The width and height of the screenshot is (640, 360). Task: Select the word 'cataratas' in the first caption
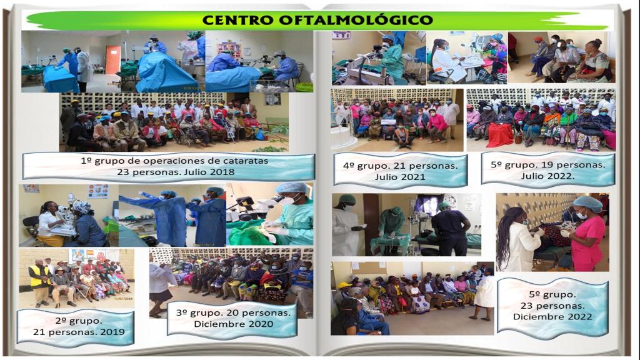click(x=246, y=161)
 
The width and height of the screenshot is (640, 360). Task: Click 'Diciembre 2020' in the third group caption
click(x=234, y=324)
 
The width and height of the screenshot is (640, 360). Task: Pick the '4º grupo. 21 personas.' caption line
click(x=401, y=166)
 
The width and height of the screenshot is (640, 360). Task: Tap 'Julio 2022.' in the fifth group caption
click(x=547, y=176)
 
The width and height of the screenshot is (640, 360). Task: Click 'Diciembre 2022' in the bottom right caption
click(x=552, y=317)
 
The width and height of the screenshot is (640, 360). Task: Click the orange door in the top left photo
click(x=112, y=59)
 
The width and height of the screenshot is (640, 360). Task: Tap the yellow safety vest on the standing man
click(x=39, y=276)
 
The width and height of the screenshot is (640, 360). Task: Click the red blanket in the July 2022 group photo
click(x=499, y=135)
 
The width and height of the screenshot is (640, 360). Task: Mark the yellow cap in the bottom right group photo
click(x=344, y=285)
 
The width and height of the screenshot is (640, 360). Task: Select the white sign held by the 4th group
click(x=388, y=122)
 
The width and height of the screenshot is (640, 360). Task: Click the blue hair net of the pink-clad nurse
click(x=587, y=202)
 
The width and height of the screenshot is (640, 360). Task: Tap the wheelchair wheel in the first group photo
click(x=184, y=137)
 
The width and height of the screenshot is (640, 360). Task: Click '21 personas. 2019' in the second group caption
click(x=79, y=332)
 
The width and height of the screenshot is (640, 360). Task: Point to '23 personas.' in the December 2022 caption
click(x=552, y=306)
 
